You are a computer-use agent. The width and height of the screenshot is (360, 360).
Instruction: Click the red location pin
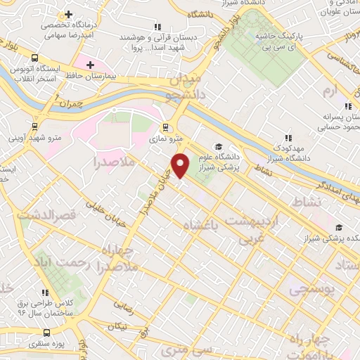[x=181, y=165]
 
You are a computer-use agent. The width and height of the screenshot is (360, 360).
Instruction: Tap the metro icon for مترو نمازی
[x=165, y=128]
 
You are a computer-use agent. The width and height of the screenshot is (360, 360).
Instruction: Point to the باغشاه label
[x=200, y=226]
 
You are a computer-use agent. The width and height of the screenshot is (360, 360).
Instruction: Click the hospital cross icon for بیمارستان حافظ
[x=90, y=65]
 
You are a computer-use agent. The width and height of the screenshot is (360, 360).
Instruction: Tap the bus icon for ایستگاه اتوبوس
[x=34, y=58]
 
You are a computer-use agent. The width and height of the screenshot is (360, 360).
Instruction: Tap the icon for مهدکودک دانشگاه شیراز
[x=287, y=139]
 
